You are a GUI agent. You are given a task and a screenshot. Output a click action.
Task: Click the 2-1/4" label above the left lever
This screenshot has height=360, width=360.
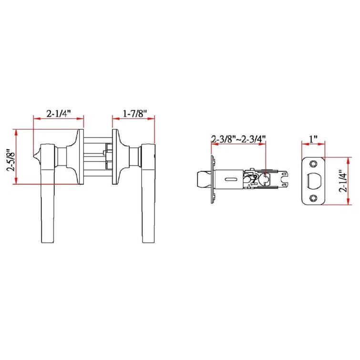58,113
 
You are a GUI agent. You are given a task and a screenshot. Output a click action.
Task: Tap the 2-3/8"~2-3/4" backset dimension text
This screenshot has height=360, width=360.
238,139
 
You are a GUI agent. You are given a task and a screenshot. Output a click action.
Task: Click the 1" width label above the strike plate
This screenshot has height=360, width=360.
313,139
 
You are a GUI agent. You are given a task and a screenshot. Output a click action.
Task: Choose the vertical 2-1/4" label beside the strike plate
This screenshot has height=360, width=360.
341,181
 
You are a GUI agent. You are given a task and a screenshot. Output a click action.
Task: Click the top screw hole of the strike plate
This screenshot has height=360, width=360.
313,164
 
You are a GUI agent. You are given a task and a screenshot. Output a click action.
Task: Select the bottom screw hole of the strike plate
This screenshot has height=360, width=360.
313,197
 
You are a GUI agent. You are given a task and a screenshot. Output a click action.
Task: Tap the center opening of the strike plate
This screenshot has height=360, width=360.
314,181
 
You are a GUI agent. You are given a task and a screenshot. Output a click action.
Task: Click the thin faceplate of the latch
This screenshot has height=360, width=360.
211,180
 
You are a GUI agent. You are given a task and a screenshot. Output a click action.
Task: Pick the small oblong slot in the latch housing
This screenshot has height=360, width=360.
230,179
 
